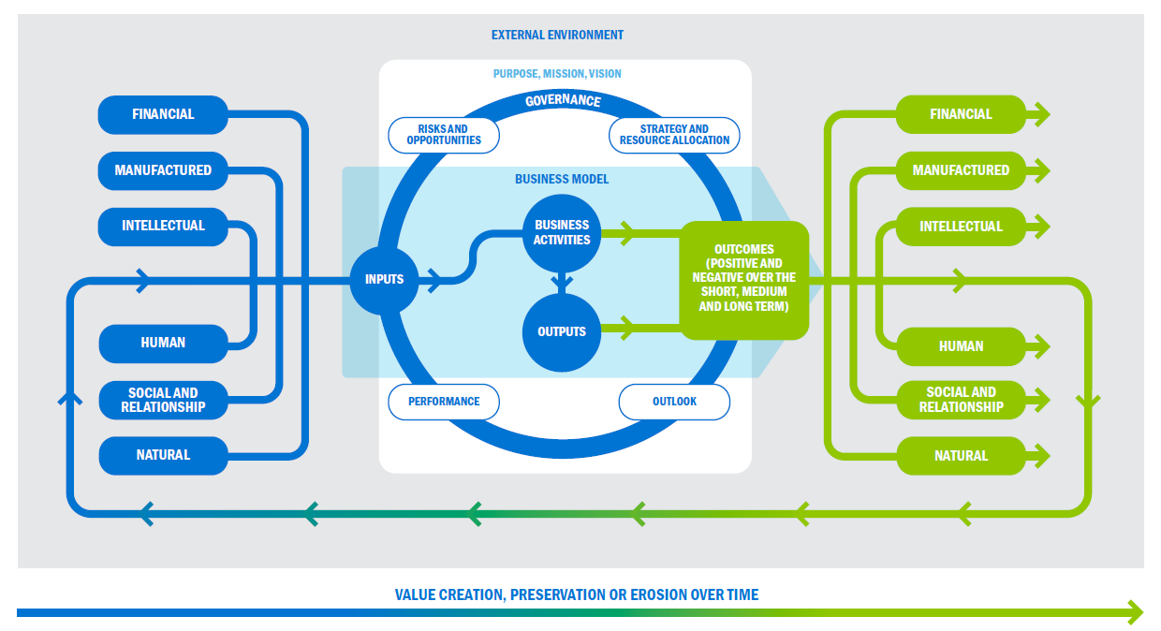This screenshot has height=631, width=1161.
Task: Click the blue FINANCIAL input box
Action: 163,114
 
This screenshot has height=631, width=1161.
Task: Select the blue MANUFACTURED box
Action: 163,170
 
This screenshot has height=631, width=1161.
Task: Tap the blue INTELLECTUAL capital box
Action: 163,227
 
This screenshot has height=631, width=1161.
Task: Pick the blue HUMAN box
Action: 163,343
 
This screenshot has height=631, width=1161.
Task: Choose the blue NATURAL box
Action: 163,455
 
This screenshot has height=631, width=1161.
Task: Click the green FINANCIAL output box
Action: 961,114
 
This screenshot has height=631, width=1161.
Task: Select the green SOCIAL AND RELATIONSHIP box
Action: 961,400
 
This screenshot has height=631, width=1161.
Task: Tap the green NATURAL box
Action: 961,456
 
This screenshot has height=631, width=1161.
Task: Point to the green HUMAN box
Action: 961,346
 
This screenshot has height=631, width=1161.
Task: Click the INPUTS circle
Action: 384,279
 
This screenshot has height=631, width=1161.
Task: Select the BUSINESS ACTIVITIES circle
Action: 562,232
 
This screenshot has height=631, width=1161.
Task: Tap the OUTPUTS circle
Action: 562,331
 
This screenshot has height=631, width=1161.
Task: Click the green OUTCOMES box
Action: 743,279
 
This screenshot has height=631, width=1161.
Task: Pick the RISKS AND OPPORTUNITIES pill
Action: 444,135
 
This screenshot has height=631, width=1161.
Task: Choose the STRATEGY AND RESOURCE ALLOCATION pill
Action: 674,135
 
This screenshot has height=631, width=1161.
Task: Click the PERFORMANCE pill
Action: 444,402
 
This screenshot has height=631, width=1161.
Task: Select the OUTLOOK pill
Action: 674,402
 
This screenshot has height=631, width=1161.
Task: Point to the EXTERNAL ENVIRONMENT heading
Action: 557,35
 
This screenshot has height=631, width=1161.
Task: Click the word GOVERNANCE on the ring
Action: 563,100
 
